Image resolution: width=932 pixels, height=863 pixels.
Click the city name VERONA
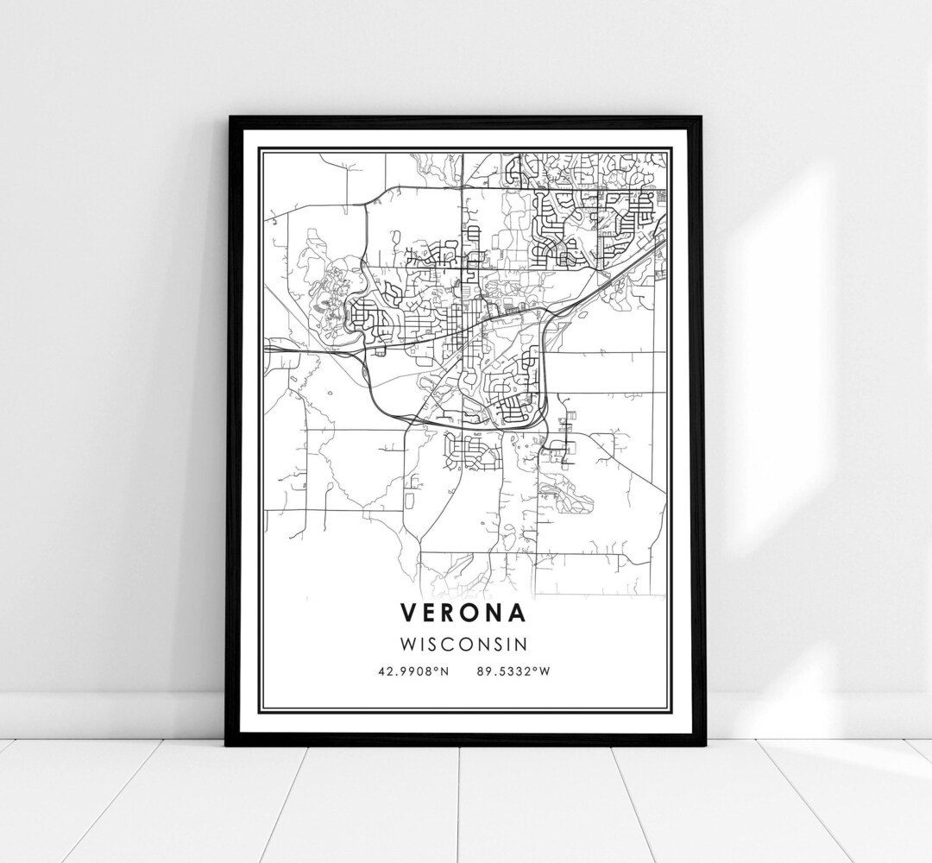(463, 612)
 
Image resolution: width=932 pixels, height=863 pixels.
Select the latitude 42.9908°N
(413, 671)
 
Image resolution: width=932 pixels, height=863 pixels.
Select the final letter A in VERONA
(517, 612)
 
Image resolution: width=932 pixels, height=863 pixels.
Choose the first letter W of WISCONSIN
(408, 644)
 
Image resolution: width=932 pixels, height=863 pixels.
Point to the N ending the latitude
(445, 671)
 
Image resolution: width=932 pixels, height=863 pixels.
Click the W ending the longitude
(544, 671)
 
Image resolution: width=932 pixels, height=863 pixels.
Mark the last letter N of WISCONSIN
(522, 644)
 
